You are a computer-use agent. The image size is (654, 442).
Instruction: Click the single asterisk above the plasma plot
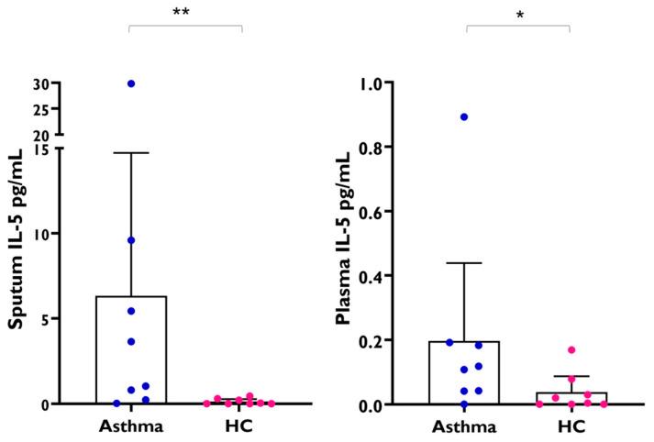518,17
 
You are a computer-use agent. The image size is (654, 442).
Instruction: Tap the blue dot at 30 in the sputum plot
131,83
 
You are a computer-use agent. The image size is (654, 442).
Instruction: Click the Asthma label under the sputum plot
130,426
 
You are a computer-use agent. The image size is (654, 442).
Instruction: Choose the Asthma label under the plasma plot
464,426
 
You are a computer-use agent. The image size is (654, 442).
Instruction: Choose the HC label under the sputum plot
239,426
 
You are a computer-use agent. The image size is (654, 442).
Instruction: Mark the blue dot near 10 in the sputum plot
131,240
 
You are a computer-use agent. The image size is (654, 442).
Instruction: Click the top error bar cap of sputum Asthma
131,153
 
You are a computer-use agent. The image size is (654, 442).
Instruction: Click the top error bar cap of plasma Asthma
464,263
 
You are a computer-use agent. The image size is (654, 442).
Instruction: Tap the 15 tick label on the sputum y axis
46,149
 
